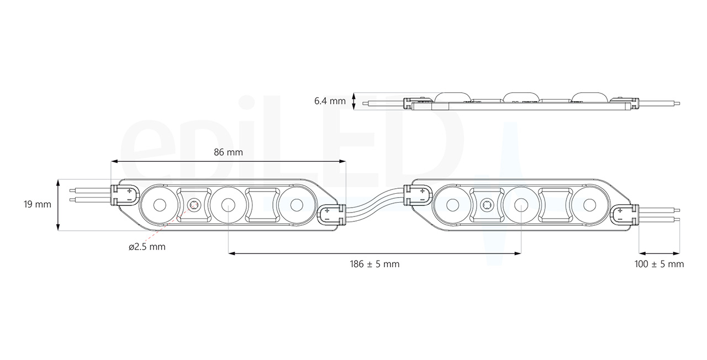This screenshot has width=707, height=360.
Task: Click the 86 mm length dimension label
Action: [x=228, y=152]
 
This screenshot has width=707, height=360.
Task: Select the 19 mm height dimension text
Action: [x=37, y=204]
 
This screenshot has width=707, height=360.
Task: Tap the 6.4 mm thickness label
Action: [x=330, y=101]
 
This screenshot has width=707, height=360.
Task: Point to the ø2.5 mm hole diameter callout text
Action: [x=146, y=247]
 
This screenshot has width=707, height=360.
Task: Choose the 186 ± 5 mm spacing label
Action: [x=374, y=264]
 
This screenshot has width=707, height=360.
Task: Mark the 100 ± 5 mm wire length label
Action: [x=659, y=264]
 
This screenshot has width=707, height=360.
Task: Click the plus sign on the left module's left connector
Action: [x=129, y=191]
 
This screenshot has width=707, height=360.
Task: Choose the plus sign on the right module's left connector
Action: [x=422, y=191]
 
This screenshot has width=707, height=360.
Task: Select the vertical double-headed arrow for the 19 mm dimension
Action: [x=59, y=204]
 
